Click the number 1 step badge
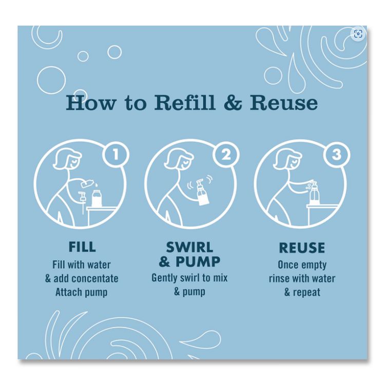pos(115,155)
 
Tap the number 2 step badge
pos(226,155)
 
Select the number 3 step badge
pos(337,155)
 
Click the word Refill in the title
pos(185,102)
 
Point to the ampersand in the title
pos(233,103)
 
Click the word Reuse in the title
pos(283,103)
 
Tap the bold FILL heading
pos(82,247)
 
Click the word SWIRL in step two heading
pos(189,247)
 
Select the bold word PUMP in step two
pos(198,261)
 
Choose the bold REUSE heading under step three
pos(302,247)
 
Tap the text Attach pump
pos(82,292)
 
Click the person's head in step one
pos(68,159)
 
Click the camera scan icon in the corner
pos(358,34)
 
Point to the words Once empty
pos(302,265)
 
